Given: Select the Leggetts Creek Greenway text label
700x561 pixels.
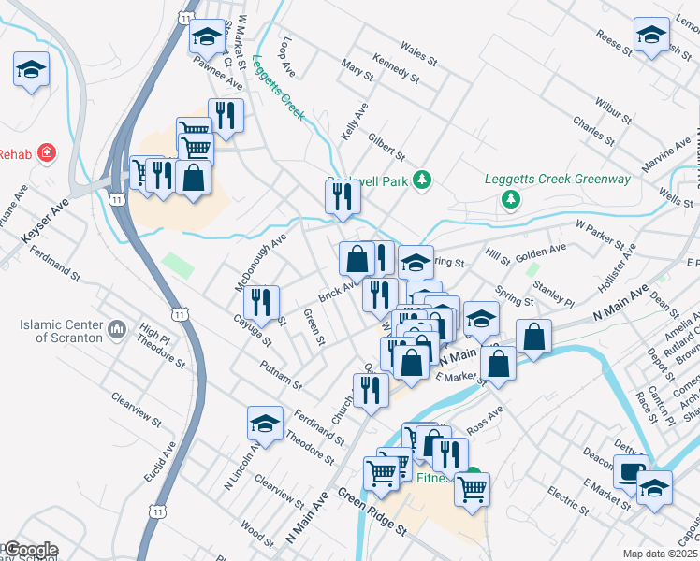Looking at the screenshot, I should tap(557, 180).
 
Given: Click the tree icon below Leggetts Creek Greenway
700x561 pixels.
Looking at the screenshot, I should tap(511, 199).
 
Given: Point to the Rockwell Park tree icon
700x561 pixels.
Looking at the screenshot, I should tap(422, 180).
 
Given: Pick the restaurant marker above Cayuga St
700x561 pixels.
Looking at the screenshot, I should tap(261, 301).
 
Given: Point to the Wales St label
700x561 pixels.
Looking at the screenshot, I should tap(418, 52).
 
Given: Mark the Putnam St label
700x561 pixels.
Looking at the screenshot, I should tap(282, 376).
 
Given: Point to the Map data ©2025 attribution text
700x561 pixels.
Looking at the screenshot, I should tap(659, 554).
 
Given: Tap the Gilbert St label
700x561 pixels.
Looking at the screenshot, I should tap(386, 146).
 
